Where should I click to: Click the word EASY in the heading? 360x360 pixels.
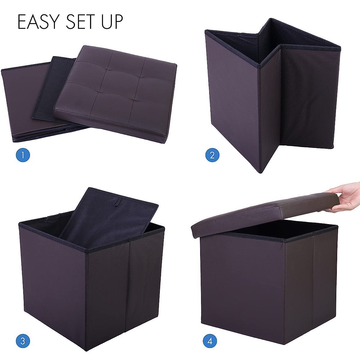(38, 22)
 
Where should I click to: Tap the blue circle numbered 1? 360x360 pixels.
(23, 155)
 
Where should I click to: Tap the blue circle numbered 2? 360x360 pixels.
(212, 155)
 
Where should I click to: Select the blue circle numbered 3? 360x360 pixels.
(23, 341)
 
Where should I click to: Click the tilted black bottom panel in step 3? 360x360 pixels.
(108, 222)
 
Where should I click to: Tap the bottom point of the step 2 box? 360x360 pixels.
(260, 172)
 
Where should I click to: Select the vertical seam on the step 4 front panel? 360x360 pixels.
(313, 285)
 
